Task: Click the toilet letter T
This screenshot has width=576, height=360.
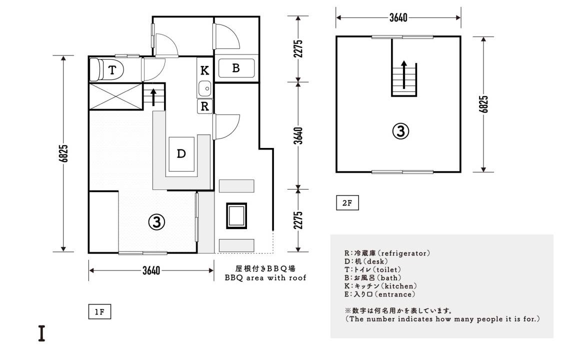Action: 112,69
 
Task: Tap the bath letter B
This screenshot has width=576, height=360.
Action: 236,68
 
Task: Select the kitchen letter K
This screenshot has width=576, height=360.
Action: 204,70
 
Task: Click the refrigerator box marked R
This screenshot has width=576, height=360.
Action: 204,106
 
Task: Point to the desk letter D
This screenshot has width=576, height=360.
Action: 181,153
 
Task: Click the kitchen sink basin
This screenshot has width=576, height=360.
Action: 205,88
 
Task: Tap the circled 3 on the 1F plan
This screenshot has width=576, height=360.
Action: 156,221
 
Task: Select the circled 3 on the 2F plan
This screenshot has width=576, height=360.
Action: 400,131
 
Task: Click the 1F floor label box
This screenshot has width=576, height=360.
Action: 99,312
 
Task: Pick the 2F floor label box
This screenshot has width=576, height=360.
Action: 347,203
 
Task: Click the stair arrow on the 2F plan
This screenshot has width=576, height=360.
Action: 404,74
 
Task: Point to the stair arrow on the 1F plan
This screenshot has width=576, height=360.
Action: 153,97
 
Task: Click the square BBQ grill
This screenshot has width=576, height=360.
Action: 236,216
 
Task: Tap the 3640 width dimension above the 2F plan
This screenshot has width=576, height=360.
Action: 398,17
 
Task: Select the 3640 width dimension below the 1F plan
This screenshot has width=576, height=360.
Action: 151,270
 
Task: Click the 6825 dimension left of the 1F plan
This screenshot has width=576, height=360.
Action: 63,153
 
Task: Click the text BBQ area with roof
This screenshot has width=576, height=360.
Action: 265,278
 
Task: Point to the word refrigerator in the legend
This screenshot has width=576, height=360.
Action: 404,253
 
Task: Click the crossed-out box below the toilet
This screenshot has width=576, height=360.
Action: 115,96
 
